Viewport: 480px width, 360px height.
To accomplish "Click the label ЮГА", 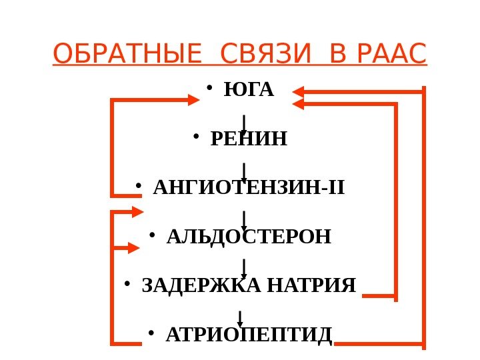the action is pos(249,90).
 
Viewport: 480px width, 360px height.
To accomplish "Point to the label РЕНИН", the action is pos(249,139).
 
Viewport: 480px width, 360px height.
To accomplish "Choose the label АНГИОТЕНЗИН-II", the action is pos(249,188).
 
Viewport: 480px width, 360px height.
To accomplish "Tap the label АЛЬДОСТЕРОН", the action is pos(249,237).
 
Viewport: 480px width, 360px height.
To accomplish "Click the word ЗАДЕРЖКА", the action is pos(201,286).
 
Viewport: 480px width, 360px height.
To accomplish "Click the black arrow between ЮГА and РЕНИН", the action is pos(245,124).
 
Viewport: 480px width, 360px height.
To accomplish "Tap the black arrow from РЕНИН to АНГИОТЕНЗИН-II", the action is pos(245,173).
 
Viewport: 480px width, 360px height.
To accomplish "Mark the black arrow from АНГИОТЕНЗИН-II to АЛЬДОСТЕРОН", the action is pos(245,221).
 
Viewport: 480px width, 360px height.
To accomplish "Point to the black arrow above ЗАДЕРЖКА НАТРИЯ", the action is pos(245,269).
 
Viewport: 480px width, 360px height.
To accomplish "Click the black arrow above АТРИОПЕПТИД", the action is pos(240,319).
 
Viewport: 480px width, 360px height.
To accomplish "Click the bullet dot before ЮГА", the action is pos(209,87).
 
